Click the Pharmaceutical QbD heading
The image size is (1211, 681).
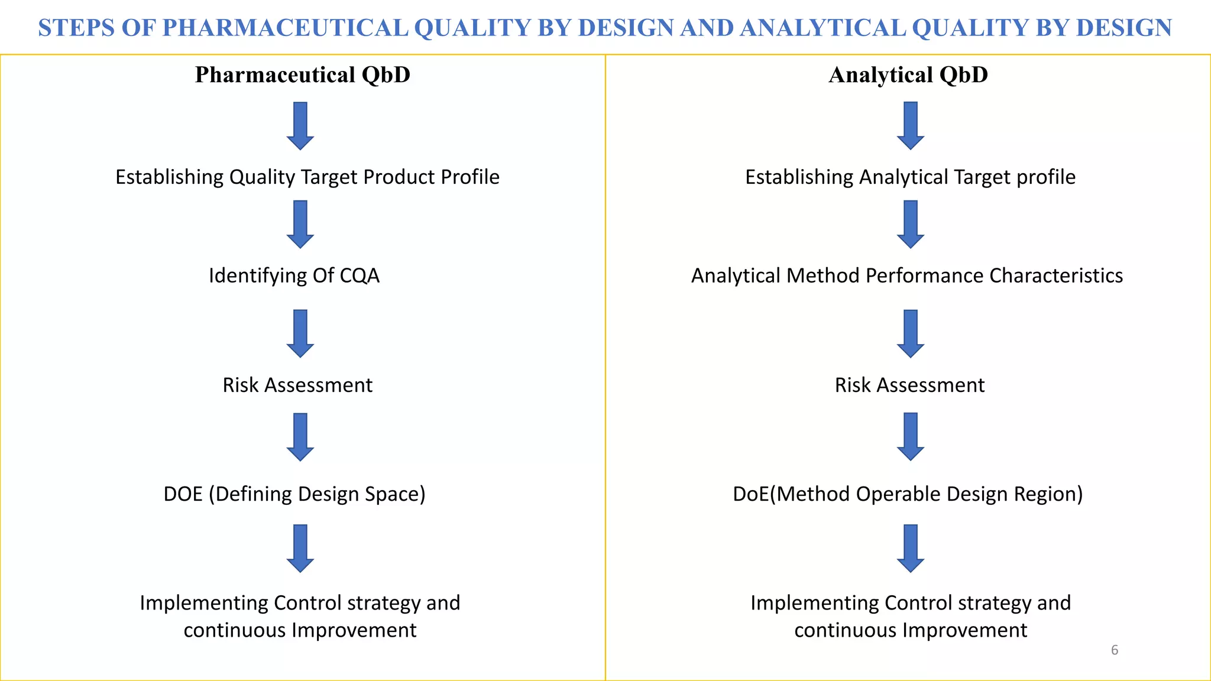[302, 75]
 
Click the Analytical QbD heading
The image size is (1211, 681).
[908, 75]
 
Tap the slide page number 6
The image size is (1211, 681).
[1114, 650]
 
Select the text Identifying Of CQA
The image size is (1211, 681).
[294, 275]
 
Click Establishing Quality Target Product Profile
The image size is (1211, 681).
[307, 177]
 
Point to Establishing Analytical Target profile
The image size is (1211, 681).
[910, 177]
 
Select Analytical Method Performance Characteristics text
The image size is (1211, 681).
[906, 275]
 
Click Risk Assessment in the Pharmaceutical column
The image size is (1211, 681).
[297, 385]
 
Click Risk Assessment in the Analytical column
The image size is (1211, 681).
[909, 385]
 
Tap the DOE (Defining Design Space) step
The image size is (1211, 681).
[294, 494]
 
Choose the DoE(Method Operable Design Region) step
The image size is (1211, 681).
[908, 494]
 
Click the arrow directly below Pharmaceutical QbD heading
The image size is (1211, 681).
[300, 125]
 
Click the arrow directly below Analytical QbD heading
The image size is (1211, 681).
[911, 125]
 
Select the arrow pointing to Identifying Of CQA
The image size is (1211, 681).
[300, 224]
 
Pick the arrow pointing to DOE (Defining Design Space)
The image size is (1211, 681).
[300, 437]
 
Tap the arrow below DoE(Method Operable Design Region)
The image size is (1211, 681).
[911, 548]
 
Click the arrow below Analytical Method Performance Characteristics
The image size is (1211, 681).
[911, 333]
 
